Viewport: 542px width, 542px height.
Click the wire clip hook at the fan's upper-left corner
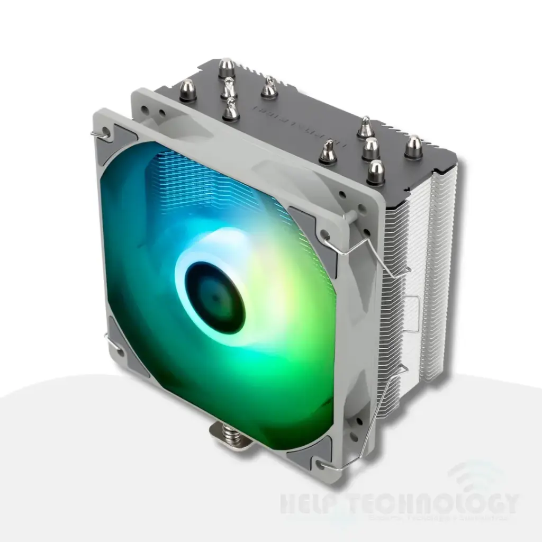click(x=97, y=135)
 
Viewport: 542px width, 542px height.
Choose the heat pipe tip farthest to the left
click(x=188, y=90)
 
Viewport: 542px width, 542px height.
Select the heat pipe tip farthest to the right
click(x=413, y=146)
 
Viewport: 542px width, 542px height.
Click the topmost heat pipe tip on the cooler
click(x=226, y=67)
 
